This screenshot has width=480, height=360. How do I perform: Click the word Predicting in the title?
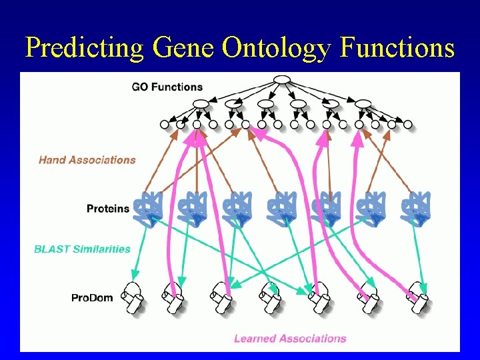click(84, 47)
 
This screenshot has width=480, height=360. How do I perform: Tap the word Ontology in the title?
click(273, 47)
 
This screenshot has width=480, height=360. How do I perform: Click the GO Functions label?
click(167, 87)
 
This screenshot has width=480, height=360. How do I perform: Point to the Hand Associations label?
click(87, 160)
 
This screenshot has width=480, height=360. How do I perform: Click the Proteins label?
click(108, 209)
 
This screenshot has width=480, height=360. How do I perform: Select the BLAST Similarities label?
click(82, 249)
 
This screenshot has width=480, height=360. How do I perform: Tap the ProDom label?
click(92, 297)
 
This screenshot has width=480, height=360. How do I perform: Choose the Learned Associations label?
click(290, 339)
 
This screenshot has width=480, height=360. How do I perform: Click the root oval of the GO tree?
click(282, 81)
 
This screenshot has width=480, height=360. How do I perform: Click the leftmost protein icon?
click(148, 209)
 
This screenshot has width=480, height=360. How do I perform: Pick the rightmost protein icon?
click(417, 209)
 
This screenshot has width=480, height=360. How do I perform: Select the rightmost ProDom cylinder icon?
click(419, 297)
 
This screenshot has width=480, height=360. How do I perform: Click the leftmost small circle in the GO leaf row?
click(165, 124)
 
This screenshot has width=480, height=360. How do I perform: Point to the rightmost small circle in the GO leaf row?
click(408, 124)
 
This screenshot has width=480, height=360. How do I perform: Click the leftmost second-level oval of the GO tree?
click(201, 103)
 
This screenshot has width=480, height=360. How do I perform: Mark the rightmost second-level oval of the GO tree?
click(363, 103)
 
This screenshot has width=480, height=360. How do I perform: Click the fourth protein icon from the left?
click(281, 209)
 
